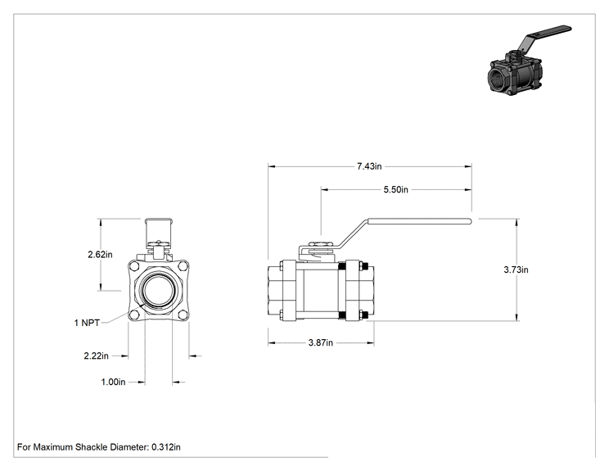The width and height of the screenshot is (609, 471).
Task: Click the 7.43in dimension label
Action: pos(369,166)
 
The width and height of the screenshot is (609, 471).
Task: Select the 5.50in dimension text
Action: pos(396,190)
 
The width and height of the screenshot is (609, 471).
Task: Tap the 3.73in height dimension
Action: pos(516,269)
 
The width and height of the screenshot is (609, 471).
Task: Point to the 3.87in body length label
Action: pos(320,342)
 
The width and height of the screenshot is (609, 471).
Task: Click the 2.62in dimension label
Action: pos(100,255)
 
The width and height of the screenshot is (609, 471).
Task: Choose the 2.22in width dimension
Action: pos(96,356)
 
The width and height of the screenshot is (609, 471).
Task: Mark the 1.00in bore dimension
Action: pos(113,382)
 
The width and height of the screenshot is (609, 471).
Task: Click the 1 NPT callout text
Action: pos(87,323)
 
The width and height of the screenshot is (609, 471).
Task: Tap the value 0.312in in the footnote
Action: pos(166,447)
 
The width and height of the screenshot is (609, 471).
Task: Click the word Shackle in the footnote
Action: pos(91,447)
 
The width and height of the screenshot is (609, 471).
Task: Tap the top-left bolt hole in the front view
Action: pos(134,267)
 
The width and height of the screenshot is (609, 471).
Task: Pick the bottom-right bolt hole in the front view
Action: pos(183,315)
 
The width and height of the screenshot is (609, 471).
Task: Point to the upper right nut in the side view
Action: pos(364,267)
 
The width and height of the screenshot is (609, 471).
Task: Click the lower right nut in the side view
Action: pos(364,315)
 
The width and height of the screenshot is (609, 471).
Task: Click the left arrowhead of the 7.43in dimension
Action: pos(272,167)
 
